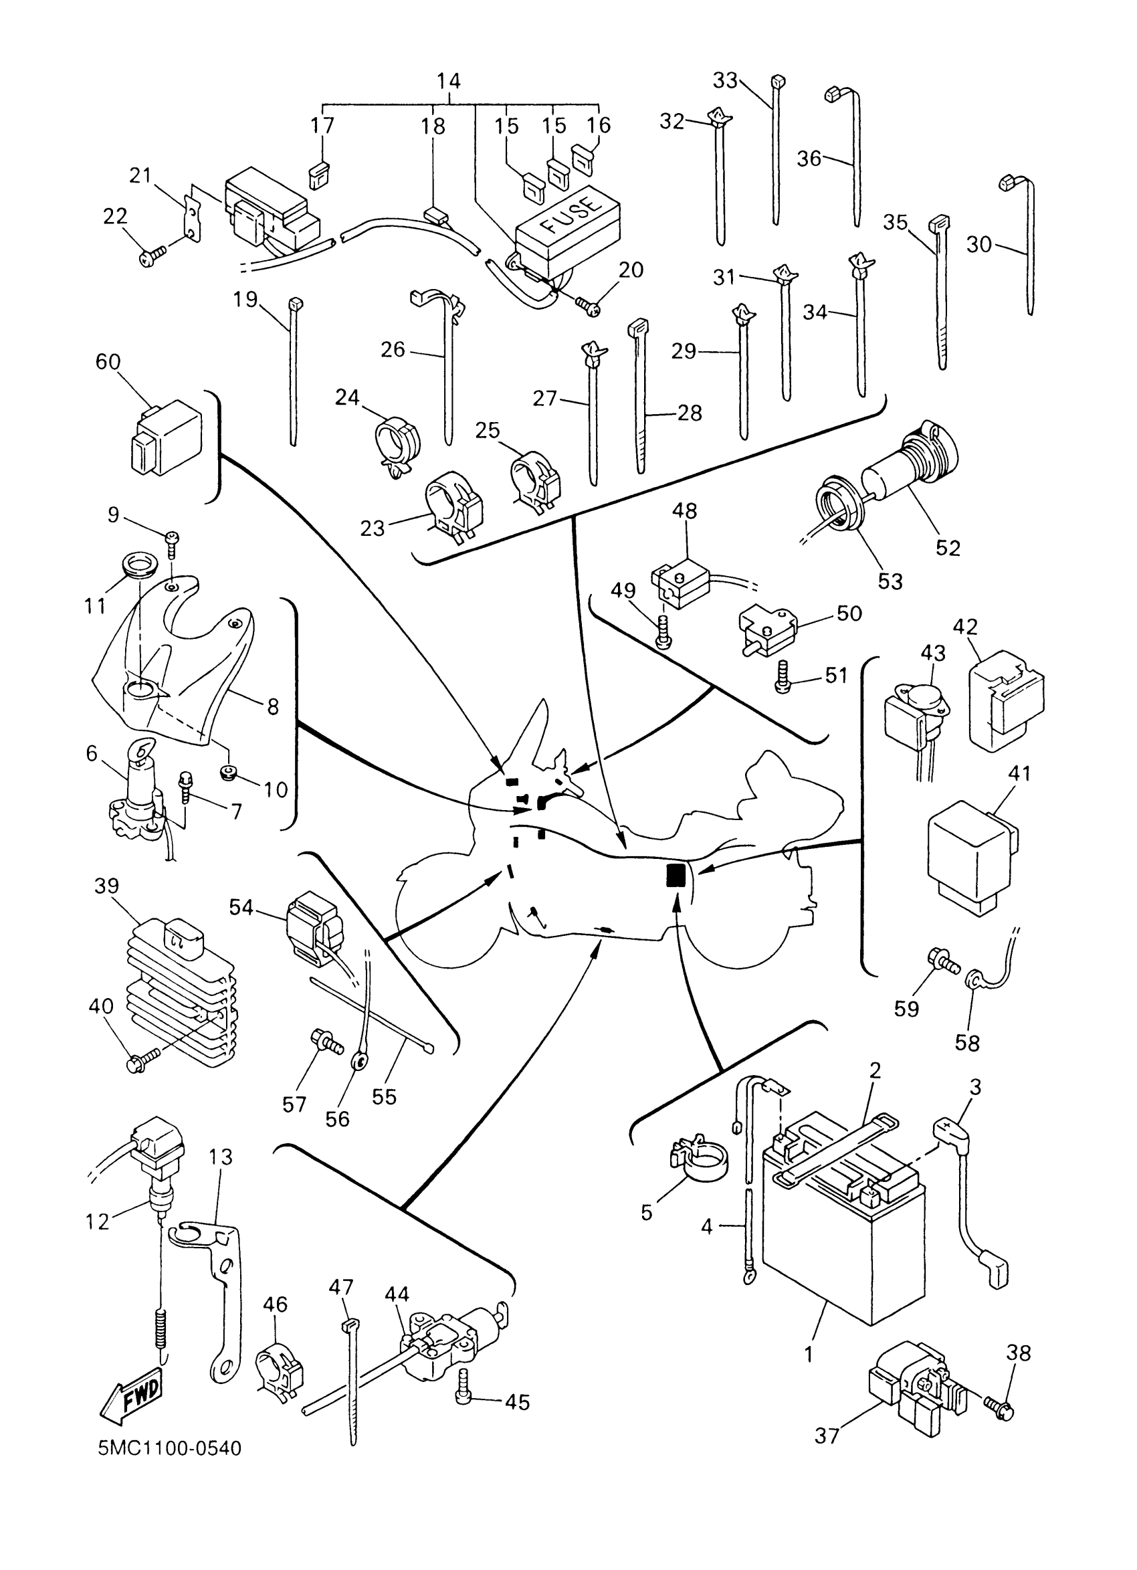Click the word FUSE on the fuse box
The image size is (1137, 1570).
[572, 217]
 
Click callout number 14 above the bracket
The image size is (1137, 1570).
[448, 81]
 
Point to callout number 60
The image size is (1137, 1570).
[108, 362]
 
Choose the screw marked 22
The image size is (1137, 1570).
[152, 258]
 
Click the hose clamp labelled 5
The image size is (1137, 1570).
[700, 1157]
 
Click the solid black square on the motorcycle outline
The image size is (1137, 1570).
[676, 875]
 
